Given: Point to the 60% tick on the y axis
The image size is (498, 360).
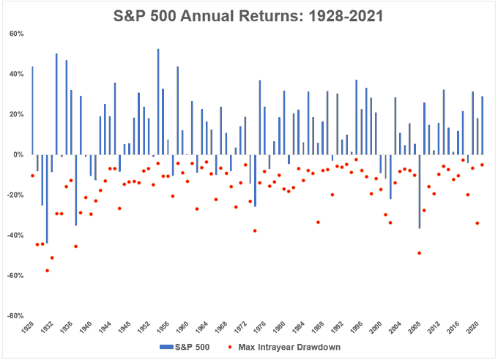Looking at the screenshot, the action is coord(17,34).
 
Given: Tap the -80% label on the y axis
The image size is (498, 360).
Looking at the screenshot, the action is coord(15,316).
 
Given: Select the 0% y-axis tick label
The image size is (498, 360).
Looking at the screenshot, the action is coord(18,154).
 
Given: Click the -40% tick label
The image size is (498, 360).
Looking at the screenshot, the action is coord(15,235).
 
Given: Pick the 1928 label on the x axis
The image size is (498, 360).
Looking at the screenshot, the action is coord(28,327).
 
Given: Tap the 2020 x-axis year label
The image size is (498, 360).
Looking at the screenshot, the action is coord(472,327).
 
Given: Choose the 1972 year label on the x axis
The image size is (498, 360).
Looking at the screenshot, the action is coord(240,327).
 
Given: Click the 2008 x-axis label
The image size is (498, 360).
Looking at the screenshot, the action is coord(415,327).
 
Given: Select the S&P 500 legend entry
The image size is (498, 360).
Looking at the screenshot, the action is coord(185,347).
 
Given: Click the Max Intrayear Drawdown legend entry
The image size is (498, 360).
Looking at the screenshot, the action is coord(285,347).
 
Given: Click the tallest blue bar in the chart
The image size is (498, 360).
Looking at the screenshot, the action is coord(158,102).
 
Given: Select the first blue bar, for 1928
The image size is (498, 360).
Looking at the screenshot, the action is coord(32,110).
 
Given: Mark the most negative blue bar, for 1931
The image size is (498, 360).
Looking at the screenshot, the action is coord(47,199).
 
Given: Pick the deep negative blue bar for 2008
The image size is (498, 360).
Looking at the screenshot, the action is coord(419,192).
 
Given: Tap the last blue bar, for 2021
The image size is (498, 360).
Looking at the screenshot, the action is coord(482,125).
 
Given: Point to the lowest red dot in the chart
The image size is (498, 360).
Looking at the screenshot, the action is coord(48,271).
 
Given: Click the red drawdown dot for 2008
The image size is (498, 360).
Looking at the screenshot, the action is coord(419,253).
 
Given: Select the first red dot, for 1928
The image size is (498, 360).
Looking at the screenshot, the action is coord(32,176).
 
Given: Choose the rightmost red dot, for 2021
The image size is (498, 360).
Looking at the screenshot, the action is coord(482,165).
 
